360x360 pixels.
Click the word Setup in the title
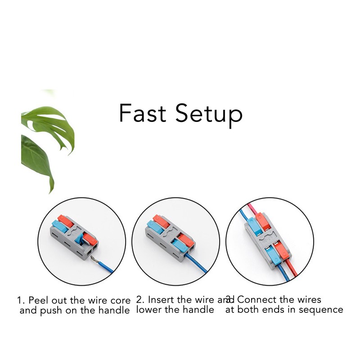pos(209,115)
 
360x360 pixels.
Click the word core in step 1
pos(121,300)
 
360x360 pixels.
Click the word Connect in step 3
pos(254,300)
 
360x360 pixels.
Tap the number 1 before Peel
pos(19,300)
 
